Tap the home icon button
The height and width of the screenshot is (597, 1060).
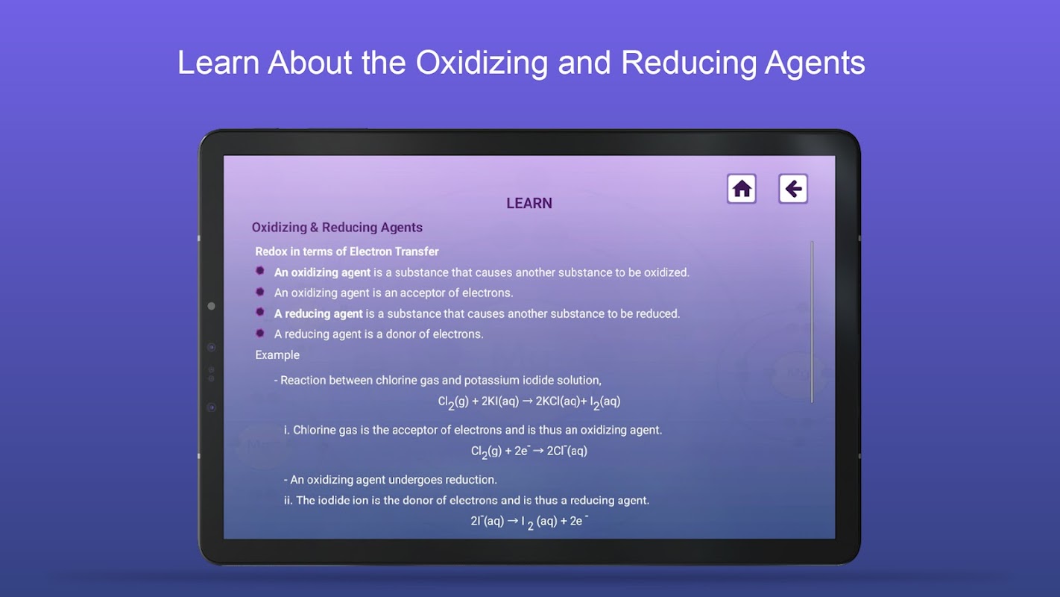tap(742, 189)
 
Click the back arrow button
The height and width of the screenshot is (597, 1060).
tap(793, 189)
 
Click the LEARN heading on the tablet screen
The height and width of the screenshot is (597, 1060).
tap(529, 203)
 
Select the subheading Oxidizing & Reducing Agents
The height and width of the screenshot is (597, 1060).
tap(337, 228)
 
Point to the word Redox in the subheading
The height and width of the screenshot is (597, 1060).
tap(271, 251)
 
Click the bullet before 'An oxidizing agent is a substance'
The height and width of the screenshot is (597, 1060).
tap(260, 271)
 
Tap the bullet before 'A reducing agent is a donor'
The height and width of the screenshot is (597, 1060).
tap(260, 333)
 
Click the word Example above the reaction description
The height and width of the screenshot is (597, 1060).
tap(277, 355)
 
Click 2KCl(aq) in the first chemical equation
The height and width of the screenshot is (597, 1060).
tap(558, 401)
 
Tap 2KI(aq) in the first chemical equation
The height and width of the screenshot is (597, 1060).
tap(500, 401)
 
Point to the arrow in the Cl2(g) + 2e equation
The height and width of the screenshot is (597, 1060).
tap(538, 451)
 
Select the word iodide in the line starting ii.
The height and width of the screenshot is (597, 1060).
tap(334, 500)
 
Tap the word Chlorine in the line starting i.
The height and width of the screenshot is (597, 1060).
tap(315, 431)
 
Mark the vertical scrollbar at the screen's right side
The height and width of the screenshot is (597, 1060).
tap(812, 322)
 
